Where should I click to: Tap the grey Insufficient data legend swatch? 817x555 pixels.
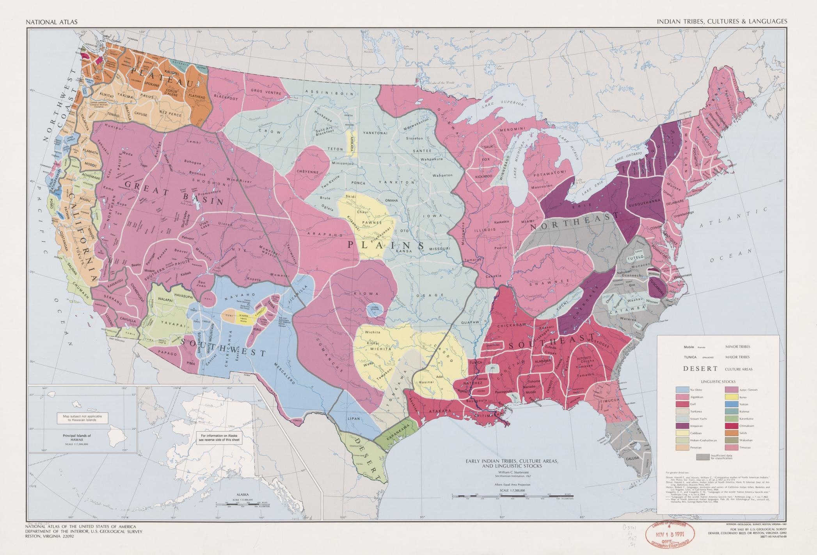click(x=703, y=456)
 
